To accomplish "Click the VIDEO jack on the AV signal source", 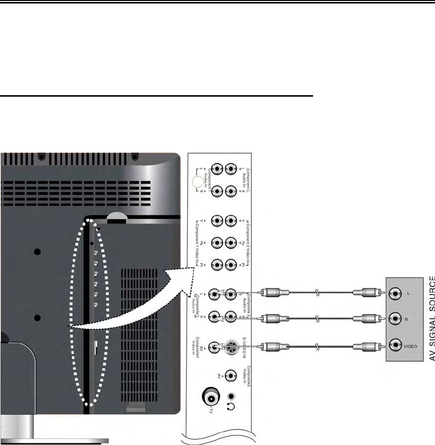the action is tap(396, 345).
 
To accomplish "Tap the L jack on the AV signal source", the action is tap(396, 294).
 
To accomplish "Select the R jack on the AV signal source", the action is tap(396, 318).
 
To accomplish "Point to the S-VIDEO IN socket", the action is tap(230, 346).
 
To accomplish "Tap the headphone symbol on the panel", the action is tap(230, 406).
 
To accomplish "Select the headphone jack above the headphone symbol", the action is tap(230, 396).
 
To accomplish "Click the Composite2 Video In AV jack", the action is tap(230, 375).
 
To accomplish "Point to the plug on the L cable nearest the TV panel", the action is tap(271, 293).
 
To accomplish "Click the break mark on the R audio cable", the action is tap(317, 318).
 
